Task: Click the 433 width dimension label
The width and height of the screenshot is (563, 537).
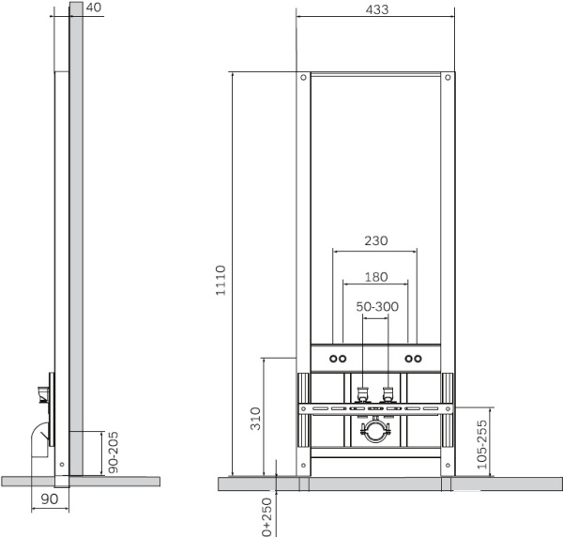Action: (377, 9)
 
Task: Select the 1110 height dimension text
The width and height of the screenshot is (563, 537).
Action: (221, 280)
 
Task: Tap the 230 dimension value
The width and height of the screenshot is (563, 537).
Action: (376, 240)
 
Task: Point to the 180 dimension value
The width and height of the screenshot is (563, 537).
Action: (376, 277)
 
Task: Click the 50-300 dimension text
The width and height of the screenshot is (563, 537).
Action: (377, 306)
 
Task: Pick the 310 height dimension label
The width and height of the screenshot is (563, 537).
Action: (255, 419)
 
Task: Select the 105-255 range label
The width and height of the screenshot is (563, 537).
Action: (482, 444)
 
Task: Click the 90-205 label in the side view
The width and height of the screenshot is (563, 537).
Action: (114, 453)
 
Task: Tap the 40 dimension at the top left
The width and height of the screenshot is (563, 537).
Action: (94, 8)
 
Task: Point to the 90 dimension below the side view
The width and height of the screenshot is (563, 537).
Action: (50, 499)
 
